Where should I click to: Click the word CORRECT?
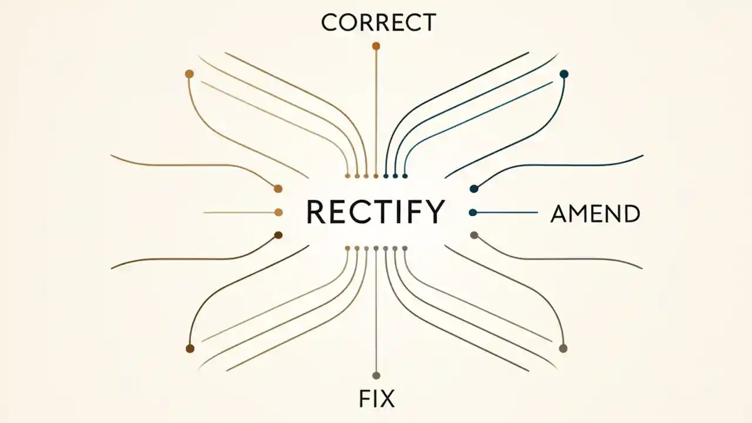pyautogui.click(x=378, y=22)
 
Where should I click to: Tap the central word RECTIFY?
pyautogui.click(x=375, y=212)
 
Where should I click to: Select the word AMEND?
pyautogui.click(x=595, y=214)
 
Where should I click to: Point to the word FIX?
pyautogui.click(x=377, y=399)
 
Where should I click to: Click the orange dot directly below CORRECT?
pyautogui.click(x=376, y=46)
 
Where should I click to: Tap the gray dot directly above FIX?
pyautogui.click(x=376, y=375)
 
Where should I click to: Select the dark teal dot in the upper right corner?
pyautogui.click(x=564, y=74)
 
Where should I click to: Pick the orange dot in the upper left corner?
pyautogui.click(x=189, y=74)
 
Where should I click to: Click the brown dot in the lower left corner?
pyautogui.click(x=190, y=348)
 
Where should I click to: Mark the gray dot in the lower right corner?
pyautogui.click(x=563, y=348)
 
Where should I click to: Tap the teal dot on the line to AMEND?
pyautogui.click(x=473, y=212)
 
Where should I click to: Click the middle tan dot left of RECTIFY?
pyautogui.click(x=278, y=212)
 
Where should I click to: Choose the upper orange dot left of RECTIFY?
pyautogui.click(x=278, y=189)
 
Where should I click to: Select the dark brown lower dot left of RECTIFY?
pyautogui.click(x=278, y=235)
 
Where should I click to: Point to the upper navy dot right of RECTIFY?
pyautogui.click(x=474, y=189)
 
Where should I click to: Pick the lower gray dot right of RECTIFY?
pyautogui.click(x=474, y=235)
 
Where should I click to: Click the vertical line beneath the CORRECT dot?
pyautogui.click(x=376, y=112)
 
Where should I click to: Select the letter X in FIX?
pyautogui.click(x=387, y=399)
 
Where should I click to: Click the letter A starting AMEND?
pyautogui.click(x=559, y=214)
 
